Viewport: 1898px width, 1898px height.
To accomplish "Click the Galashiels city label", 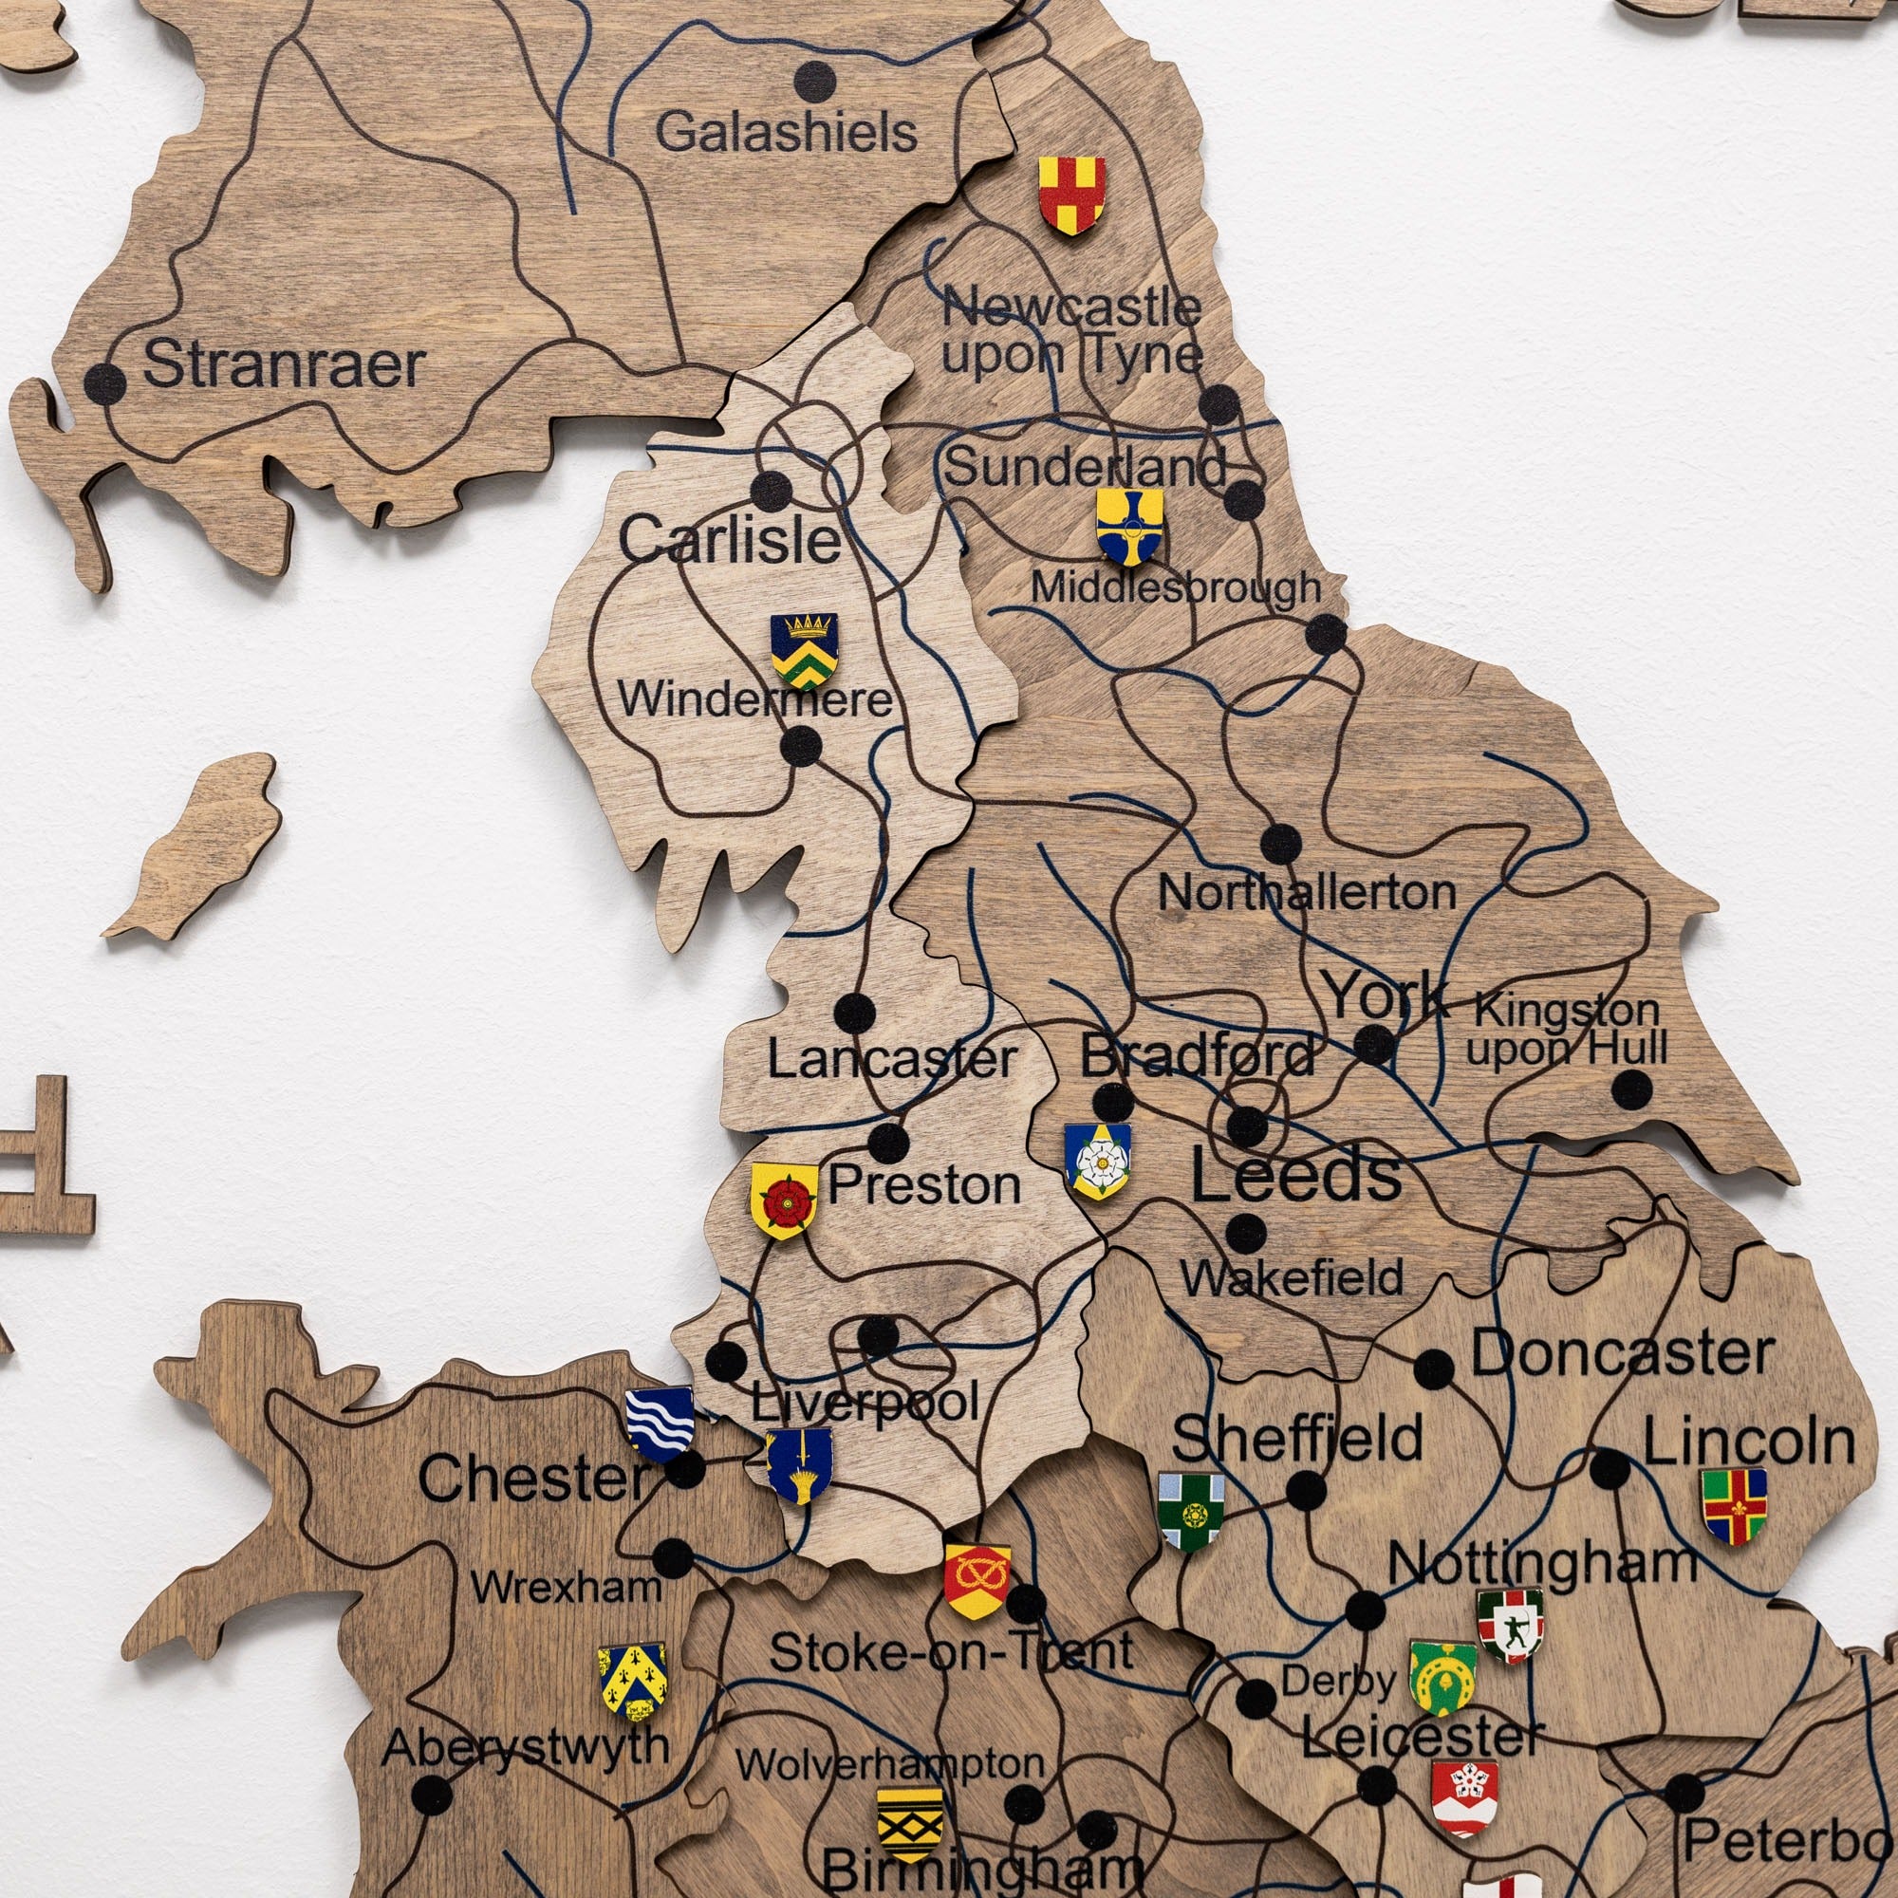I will click(x=786, y=133).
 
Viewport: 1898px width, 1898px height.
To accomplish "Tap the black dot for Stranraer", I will click(x=104, y=383).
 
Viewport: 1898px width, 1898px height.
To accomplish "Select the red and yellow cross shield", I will click(x=1071, y=195).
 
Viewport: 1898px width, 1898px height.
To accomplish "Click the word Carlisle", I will click(x=729, y=539).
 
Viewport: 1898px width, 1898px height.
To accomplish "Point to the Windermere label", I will click(x=754, y=700).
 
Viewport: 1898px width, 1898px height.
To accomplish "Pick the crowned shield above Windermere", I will click(x=804, y=649).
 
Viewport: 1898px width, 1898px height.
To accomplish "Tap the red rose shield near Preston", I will click(x=783, y=1200).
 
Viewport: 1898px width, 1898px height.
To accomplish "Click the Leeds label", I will click(x=1295, y=1175).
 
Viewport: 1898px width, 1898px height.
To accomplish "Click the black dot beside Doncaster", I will click(x=1433, y=1368).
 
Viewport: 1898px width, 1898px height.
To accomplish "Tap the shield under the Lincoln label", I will click(x=1734, y=1506).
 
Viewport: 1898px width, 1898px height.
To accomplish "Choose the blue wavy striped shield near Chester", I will click(x=660, y=1423).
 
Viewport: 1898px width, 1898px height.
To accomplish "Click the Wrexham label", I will click(x=567, y=1588).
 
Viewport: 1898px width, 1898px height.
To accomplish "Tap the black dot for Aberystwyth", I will click(x=429, y=1796).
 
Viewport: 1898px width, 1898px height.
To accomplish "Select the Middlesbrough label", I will click(x=1175, y=587).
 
